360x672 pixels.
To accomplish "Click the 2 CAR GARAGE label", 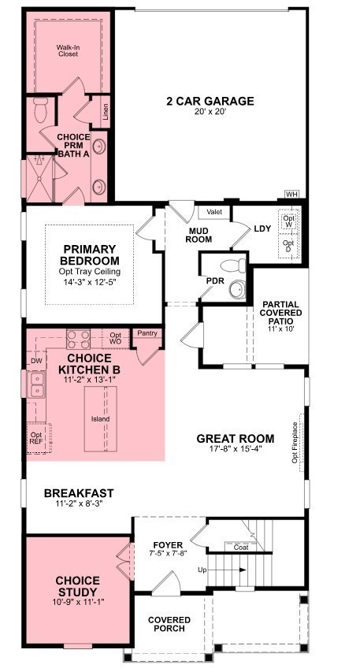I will point(210,101).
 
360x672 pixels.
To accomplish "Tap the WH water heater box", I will point(291,194).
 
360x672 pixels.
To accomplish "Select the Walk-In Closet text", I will point(68,52).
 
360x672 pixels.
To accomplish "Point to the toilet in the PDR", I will point(230,265).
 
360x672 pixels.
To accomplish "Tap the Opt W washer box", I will point(290,221).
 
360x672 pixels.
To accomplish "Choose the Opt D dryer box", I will point(290,246).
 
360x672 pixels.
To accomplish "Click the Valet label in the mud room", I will point(214,212).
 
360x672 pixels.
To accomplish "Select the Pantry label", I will point(147,333).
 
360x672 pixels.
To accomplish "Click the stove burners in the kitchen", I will point(78,339).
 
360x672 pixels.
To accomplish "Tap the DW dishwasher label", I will point(35,361).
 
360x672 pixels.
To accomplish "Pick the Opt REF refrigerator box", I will point(37,438).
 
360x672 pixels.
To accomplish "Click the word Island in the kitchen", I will point(100,419).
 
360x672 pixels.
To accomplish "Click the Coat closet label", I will point(240,547).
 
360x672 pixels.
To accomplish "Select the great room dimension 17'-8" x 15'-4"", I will point(235,450).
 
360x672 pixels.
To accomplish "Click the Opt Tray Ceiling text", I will point(91,272).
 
